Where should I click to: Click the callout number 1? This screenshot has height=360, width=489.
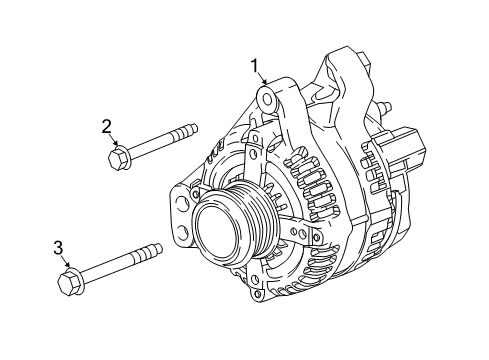coord(256,67)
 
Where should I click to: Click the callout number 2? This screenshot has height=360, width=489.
coord(105,126)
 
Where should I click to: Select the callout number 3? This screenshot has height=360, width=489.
coord(58,247)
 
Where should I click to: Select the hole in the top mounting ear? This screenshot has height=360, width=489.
coord(266,98)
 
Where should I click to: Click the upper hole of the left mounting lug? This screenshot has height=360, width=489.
coord(182,199)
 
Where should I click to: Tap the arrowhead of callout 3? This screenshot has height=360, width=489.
coord(69,266)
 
